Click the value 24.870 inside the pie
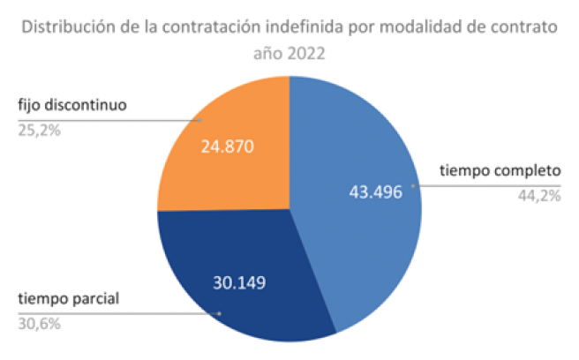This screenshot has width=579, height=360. [228, 146]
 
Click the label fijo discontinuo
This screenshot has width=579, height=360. [73, 106]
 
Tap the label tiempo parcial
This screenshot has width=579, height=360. [70, 297]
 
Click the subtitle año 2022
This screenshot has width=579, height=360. [289, 53]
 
